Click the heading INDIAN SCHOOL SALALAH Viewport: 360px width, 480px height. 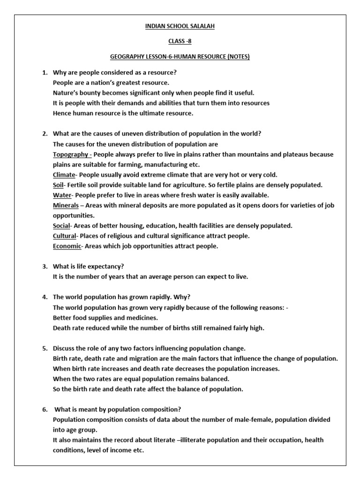(180, 26)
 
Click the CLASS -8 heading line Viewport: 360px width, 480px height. (180, 42)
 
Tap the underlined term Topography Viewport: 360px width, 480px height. (70, 154)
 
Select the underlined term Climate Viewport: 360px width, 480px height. (64, 175)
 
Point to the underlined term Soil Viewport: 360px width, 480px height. (58, 185)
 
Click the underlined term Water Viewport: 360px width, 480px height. (62, 195)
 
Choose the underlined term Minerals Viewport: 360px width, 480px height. (66, 205)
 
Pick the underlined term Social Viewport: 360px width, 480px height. (61, 225)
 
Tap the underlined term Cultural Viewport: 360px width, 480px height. (64, 236)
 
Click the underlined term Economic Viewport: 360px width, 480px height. (67, 246)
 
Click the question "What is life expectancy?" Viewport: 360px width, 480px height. (89, 266)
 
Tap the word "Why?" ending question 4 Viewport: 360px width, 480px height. (182, 297)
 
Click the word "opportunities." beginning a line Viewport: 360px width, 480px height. (74, 216)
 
